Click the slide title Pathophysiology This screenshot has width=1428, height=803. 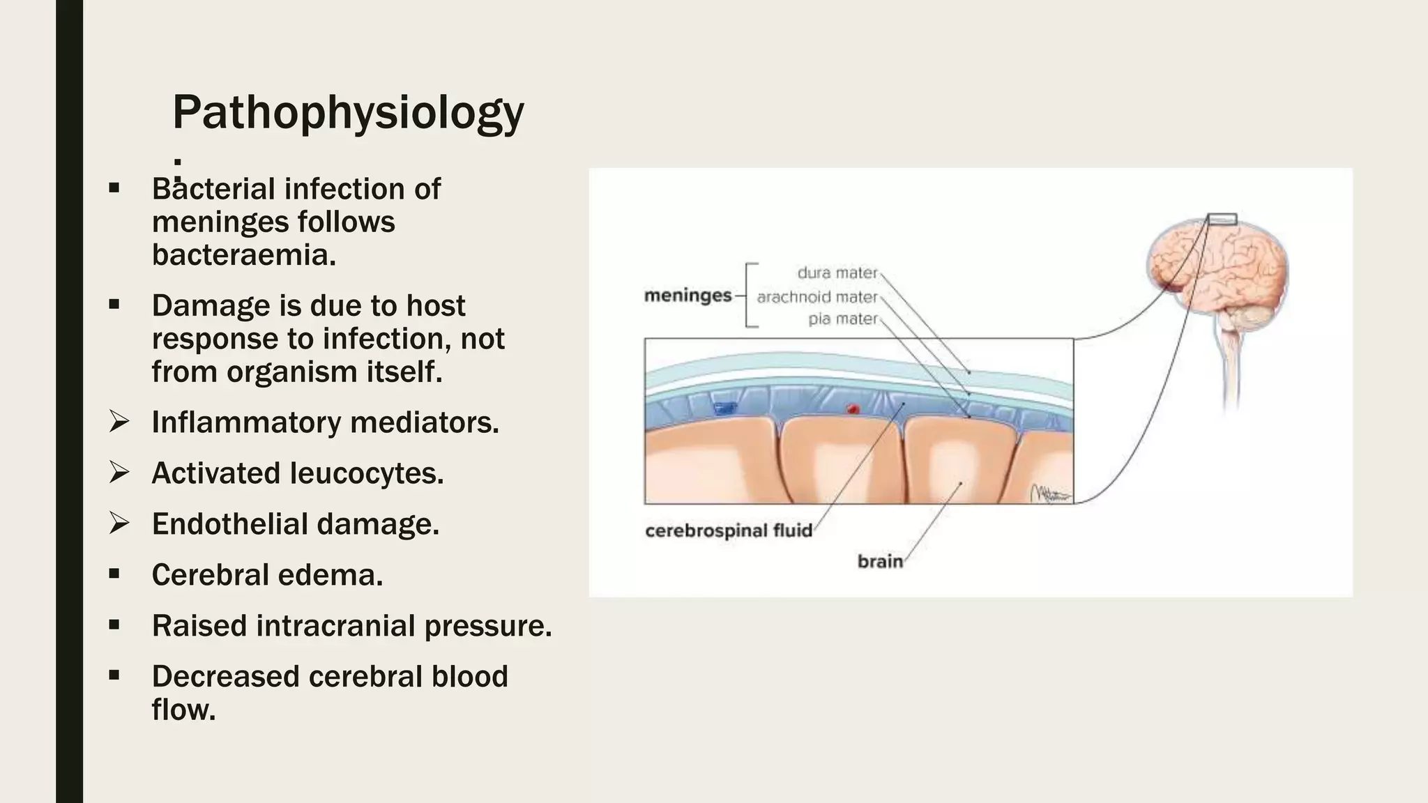point(347,113)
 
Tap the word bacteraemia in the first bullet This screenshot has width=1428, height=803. point(244,255)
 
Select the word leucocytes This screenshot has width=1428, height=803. point(367,473)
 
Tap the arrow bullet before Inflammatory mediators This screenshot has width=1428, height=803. point(119,422)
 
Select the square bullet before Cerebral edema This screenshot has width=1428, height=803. point(114,574)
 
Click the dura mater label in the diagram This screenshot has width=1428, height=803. point(837,273)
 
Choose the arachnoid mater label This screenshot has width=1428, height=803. point(816,297)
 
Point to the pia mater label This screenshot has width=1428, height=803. point(842,319)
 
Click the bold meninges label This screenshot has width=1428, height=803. point(688,296)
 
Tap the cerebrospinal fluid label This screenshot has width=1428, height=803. point(729,531)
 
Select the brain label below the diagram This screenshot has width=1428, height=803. point(880,561)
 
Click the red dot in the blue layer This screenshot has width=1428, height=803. point(852,409)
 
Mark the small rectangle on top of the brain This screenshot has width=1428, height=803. point(1222,219)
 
